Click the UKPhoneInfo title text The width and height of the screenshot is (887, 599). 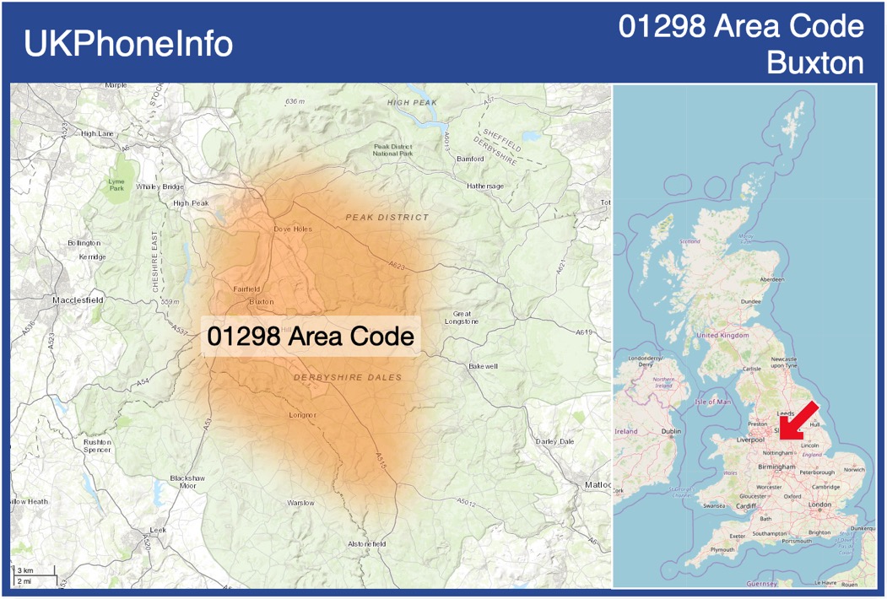128,44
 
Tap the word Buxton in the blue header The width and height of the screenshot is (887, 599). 815,62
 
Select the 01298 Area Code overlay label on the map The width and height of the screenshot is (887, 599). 311,337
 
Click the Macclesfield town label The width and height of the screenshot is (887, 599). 78,299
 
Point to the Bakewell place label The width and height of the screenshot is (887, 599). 484,366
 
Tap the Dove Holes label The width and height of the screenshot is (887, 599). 293,229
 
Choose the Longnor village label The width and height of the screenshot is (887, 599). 302,415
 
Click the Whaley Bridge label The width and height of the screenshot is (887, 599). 160,186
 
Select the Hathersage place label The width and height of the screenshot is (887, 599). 485,186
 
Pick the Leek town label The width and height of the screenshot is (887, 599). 158,530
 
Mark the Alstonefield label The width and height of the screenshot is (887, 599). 367,544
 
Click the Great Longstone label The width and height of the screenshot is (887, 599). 467,317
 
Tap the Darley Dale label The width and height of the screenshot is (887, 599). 554,441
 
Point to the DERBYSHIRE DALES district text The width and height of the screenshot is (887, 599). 349,378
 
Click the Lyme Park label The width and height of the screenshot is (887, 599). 116,185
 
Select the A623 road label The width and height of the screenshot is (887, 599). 398,266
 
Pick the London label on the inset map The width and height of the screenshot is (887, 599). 819,505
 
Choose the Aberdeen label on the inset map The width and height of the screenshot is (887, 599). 771,279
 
